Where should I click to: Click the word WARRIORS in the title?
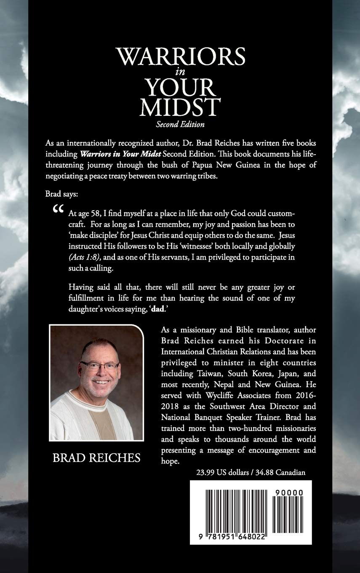tap(181, 57)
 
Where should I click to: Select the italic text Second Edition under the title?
tap(180, 124)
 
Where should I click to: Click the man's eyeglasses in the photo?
tap(100, 365)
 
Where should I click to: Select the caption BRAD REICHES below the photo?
tap(96, 458)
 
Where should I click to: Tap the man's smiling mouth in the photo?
tap(101, 382)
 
